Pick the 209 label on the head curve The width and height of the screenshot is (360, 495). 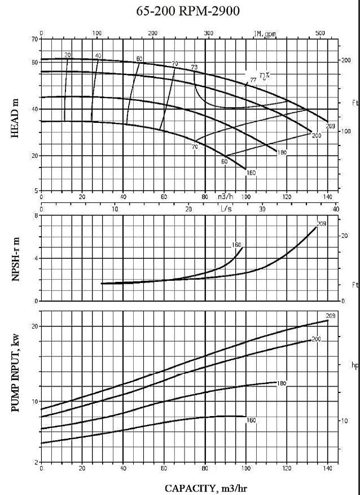331,125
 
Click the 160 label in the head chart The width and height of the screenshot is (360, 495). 252,173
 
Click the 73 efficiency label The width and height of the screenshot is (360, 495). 195,68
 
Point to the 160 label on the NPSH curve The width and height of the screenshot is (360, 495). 237,245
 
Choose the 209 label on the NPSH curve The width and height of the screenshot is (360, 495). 322,224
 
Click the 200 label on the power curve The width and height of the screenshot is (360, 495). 317,339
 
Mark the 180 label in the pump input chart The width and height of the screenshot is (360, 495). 282,383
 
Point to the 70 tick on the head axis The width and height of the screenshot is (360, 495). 35,39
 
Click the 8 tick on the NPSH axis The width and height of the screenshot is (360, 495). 37,215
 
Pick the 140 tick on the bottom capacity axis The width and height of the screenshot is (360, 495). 327,469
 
